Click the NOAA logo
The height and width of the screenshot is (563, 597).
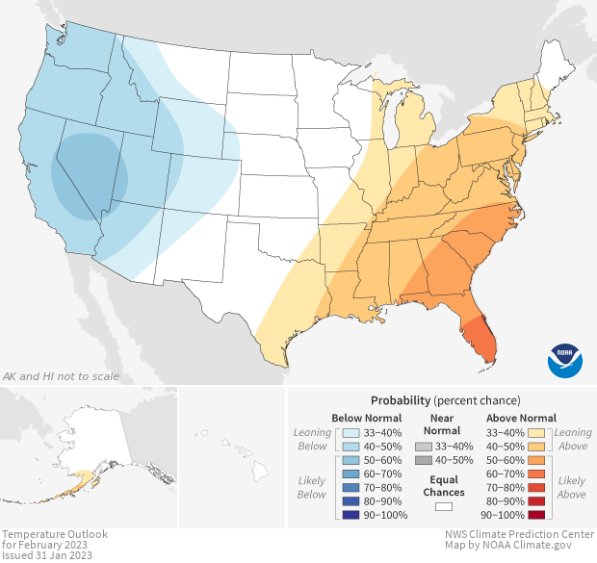[x=565, y=359]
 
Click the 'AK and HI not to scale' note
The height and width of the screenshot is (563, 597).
[x=62, y=375]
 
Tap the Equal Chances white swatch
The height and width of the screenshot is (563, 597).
[x=443, y=504]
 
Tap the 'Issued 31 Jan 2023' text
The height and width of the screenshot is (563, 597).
[x=47, y=555]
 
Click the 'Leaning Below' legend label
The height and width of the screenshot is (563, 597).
[x=313, y=439]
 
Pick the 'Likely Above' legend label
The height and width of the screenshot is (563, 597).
[x=571, y=487]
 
